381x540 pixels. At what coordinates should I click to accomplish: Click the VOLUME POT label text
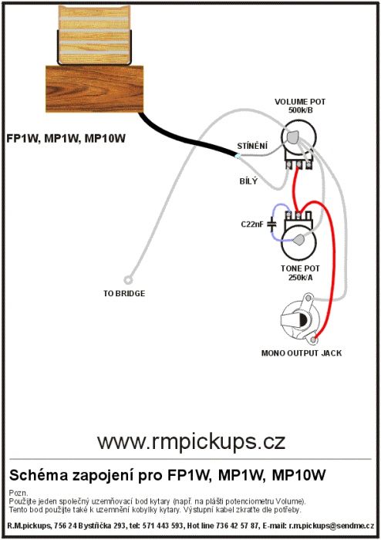pos(300,102)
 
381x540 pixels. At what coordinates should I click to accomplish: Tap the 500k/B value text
pos(301,110)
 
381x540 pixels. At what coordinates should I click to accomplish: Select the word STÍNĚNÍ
pos(252,146)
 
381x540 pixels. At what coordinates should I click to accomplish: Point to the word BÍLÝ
pos(248,181)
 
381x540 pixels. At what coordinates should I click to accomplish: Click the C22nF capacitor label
pos(252,224)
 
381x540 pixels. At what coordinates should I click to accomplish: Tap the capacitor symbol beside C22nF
pos(272,224)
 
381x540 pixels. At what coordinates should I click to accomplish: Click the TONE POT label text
pos(300,268)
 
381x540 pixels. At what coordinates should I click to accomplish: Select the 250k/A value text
pos(301,277)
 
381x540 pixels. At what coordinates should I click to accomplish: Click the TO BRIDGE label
pos(124,293)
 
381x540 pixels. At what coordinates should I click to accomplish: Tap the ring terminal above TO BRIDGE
pos(128,280)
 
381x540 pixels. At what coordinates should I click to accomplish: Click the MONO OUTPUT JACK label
pos(302,353)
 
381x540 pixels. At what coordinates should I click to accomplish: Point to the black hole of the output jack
pos(303,321)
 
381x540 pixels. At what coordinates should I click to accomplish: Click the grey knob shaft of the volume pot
pos(292,137)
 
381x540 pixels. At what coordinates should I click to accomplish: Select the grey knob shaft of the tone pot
pos(298,240)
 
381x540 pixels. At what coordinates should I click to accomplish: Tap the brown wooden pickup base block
pos(95,89)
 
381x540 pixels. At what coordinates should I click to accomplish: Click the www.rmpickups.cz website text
pos(191,442)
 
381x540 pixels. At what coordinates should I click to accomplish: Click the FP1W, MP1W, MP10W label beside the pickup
pos(66,138)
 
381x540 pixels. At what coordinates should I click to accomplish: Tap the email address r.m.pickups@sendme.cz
pos(332,526)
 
